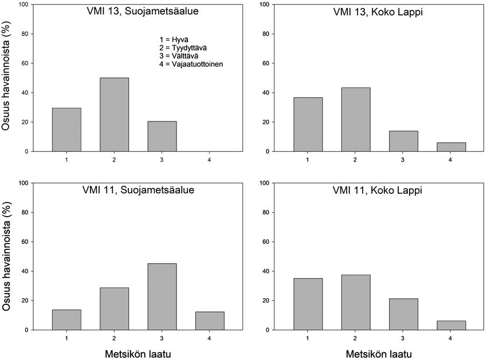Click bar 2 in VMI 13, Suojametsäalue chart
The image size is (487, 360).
click(114, 115)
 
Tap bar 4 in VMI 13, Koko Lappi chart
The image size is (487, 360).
click(451, 147)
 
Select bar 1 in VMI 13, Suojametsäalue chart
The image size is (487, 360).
click(66, 130)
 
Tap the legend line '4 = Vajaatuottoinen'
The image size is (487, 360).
click(191, 65)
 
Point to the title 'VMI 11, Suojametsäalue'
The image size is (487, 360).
click(137, 190)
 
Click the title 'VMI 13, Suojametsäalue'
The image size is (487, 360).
click(137, 11)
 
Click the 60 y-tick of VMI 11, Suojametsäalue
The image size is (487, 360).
click(32, 242)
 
